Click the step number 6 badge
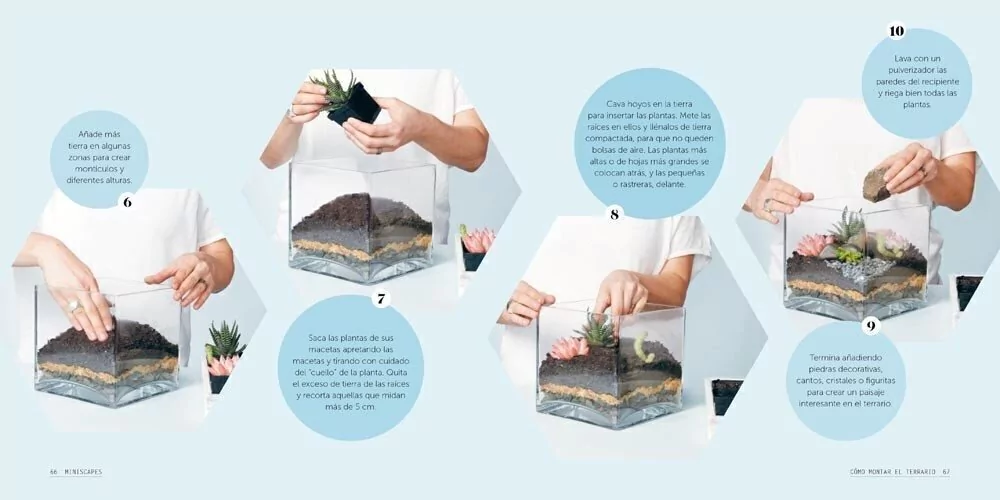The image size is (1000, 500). coord(128,202)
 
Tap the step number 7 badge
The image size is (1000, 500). coord(381,298)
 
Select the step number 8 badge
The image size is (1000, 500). coord(614,214)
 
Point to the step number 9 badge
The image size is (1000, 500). coord(871,327)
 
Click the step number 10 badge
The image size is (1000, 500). coord(896,32)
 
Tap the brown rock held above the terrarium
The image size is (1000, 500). coord(878,182)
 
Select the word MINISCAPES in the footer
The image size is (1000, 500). coord(83,473)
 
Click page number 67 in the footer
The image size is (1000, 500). coord(946,473)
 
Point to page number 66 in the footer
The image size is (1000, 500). coord(54,473)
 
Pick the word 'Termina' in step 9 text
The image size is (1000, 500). coord(825,358)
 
